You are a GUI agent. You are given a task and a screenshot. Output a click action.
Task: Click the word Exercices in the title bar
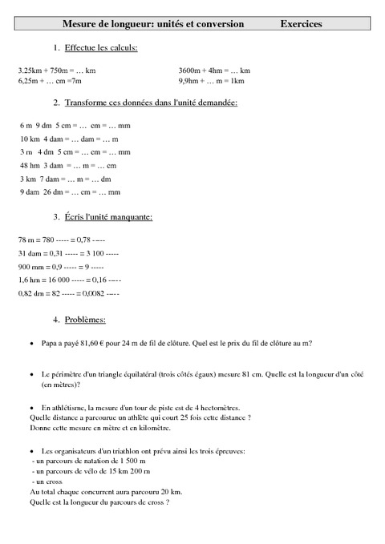tap(301, 25)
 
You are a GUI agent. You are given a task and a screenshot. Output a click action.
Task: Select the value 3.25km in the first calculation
tap(30, 71)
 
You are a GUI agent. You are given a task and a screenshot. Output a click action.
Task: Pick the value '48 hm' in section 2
tap(30, 165)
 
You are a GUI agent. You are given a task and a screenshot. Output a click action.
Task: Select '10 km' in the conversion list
tap(30, 139)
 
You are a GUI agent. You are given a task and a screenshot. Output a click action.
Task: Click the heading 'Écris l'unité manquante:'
tap(107, 217)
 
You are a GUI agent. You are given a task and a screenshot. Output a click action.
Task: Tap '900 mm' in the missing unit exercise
tap(31, 267)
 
